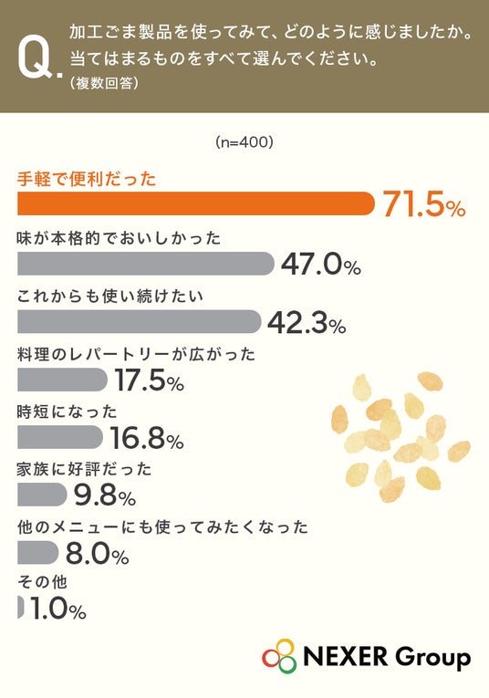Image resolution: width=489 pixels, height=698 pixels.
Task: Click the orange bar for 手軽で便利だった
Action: tap(196, 203)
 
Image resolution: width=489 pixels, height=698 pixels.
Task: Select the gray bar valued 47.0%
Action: tap(145, 263)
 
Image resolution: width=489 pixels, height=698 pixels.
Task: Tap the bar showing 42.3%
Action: tap(140, 321)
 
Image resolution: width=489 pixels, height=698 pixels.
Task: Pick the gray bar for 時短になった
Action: tap(60, 437)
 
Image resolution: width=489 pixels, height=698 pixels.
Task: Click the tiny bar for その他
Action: tap(20, 607)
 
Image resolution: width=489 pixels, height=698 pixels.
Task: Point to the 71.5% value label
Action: tap(424, 204)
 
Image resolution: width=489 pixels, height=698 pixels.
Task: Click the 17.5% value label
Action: tap(150, 380)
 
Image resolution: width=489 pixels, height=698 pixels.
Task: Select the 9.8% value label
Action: tap(105, 495)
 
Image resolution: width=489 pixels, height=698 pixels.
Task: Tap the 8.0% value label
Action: tap(98, 553)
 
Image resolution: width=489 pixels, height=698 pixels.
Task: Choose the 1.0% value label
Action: tap(58, 609)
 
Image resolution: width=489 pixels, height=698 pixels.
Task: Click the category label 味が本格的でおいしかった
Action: tap(119, 239)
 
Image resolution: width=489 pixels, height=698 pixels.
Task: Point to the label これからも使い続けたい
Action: tap(110, 297)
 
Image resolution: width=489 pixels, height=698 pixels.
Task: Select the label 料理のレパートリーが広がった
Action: tap(136, 355)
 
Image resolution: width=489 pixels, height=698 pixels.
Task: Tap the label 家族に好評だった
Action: tap(85, 470)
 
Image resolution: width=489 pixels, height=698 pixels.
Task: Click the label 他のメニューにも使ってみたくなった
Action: tap(162, 527)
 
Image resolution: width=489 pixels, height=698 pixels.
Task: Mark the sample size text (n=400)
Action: tap(244, 142)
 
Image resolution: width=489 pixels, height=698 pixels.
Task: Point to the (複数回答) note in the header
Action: tap(104, 83)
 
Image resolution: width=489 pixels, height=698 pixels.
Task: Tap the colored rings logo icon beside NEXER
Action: tap(279, 656)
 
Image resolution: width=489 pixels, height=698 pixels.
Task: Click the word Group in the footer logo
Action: tap(432, 657)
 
